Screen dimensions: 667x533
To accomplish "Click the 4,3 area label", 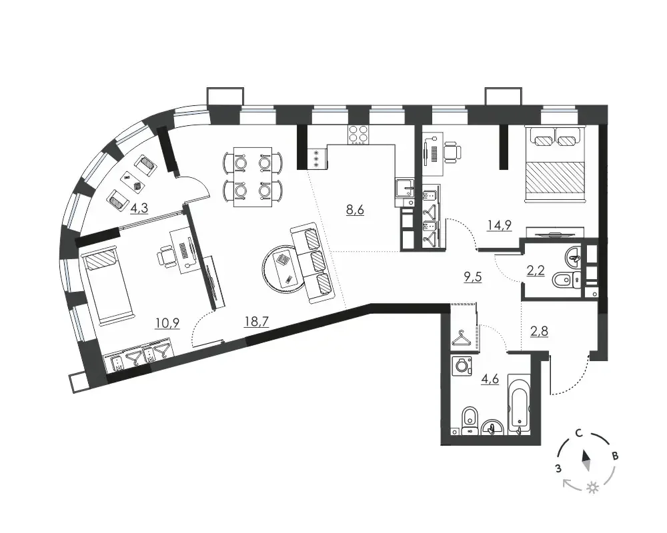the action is click(139, 209).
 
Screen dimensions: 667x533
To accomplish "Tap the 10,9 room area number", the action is click(167, 323).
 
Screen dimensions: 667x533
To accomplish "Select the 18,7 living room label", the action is click(257, 322).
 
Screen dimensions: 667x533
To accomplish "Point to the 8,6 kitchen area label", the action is click(356, 210).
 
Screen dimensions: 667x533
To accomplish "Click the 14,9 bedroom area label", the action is click(500, 225).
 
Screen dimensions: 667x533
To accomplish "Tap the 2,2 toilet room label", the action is click(536, 270).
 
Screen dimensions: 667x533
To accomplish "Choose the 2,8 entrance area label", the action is click(539, 330).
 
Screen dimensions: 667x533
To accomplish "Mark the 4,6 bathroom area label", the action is click(490, 378).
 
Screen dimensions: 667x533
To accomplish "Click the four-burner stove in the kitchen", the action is click(359, 135).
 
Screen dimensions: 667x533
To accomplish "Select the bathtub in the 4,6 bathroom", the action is click(520, 404).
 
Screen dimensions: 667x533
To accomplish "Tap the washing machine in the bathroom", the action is click(462, 366).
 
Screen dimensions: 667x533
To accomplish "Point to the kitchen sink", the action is click(405, 187).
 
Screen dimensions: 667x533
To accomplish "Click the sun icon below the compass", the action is click(592, 488).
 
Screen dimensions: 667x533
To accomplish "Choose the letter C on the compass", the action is click(578, 433).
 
